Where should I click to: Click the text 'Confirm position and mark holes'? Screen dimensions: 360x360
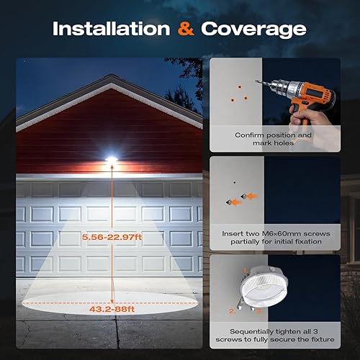point(274,139)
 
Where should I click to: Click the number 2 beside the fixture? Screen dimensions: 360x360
point(232,311)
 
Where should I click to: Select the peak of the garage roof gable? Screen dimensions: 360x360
point(109,78)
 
